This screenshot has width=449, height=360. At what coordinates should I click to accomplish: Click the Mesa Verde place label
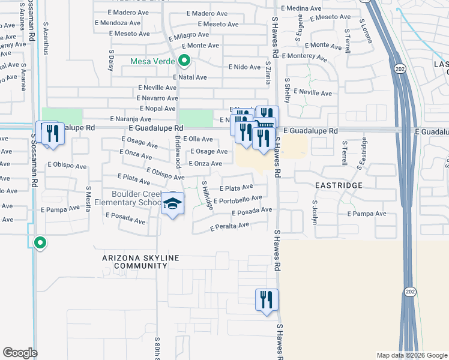(x=152, y=61)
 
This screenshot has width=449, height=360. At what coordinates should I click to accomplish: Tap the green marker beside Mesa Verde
(x=184, y=61)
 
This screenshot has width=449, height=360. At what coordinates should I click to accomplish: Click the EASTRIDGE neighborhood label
(x=339, y=185)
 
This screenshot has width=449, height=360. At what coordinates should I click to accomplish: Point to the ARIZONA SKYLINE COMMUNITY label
(x=140, y=262)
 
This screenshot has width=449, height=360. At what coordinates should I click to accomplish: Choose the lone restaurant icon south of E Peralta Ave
(x=267, y=300)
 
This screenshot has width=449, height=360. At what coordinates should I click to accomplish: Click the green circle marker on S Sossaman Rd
(x=40, y=243)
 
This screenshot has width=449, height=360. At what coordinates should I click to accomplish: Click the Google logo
(x=20, y=353)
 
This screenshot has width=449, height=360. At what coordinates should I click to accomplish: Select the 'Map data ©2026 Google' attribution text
(x=411, y=355)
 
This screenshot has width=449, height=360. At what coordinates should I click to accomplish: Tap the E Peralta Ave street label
(x=229, y=227)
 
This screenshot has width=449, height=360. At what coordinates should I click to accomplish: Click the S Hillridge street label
(x=207, y=195)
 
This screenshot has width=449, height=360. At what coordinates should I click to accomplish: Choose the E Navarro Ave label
(x=158, y=98)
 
